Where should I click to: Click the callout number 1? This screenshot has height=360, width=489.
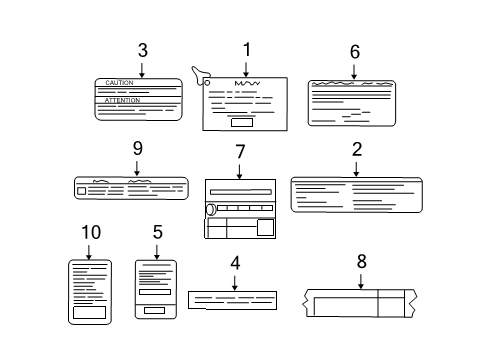[246, 49]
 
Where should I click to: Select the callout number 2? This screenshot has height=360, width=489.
[356, 150]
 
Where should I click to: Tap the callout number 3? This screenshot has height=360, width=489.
[143, 49]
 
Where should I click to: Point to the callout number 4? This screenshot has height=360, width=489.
[235, 264]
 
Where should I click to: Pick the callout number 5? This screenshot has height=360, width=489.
[157, 232]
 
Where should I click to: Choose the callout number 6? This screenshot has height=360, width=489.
[355, 51]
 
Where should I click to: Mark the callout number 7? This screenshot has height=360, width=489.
[240, 151]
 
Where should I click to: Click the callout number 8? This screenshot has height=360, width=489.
[362, 261]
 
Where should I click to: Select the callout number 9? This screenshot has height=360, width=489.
[137, 148]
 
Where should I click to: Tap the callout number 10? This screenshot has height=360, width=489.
[91, 232]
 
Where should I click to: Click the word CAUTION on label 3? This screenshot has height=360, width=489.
[120, 83]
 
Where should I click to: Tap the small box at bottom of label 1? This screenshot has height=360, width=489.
[241, 124]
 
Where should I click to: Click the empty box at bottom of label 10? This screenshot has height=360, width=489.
[89, 311]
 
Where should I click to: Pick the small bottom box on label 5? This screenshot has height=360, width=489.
[155, 310]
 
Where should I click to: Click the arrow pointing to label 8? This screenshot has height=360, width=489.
[362, 281]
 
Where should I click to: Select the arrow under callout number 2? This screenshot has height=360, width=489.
[356, 168]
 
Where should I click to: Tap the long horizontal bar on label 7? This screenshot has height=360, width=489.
[240, 189]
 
